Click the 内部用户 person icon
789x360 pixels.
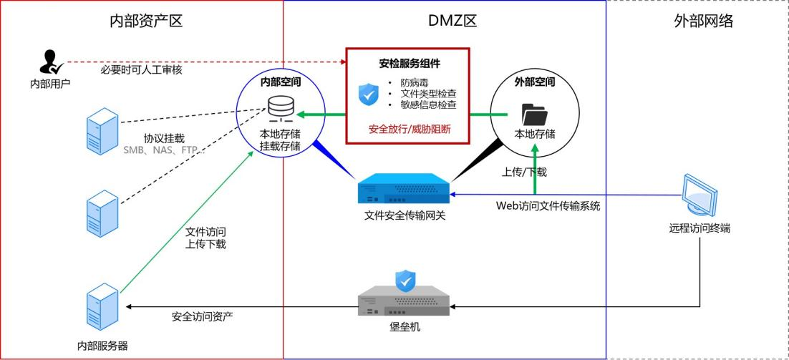point(49,62)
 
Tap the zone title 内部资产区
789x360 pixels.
point(146,21)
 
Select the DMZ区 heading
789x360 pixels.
point(452,21)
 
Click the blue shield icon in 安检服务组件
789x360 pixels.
point(368,93)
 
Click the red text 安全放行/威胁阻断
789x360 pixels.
point(409,129)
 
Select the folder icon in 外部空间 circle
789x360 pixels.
point(534,114)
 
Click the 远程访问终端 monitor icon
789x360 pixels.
point(699,195)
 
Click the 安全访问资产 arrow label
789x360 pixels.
point(202,316)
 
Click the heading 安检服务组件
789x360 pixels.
point(408,64)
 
